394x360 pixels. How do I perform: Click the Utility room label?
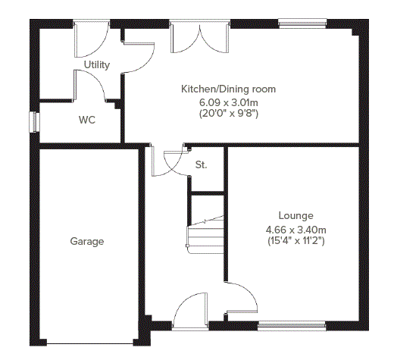point(97,65)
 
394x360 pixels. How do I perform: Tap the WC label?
point(87,120)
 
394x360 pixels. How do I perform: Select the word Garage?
point(87,242)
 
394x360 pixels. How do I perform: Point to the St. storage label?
point(201,164)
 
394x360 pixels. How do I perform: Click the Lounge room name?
point(295,215)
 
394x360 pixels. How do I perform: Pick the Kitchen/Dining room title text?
point(228,89)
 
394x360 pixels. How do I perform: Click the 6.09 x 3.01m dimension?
point(229,102)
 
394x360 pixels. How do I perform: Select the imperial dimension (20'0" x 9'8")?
point(229,114)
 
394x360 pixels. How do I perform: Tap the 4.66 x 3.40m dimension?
point(295,230)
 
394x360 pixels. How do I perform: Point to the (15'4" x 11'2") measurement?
point(295,241)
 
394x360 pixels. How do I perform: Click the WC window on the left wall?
point(35,122)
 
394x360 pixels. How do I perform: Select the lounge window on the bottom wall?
point(292,326)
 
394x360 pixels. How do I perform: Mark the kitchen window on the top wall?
point(302,23)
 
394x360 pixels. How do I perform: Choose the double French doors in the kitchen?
point(199,36)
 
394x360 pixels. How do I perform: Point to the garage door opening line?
point(90,344)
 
